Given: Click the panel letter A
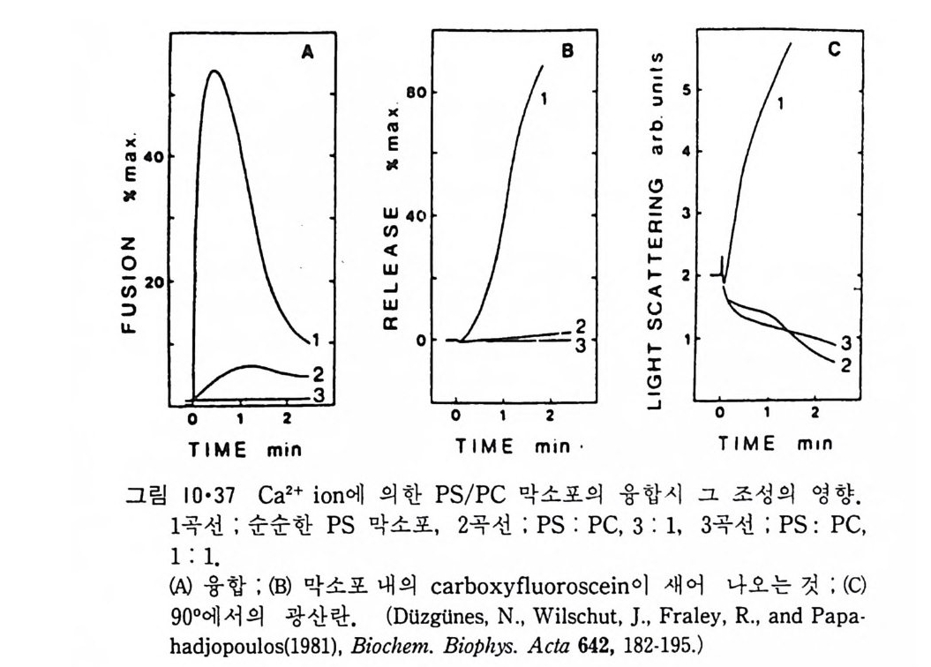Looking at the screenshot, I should pyautogui.click(x=308, y=53).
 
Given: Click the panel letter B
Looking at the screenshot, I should pyautogui.click(x=567, y=51).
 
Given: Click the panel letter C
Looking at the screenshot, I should pyautogui.click(x=834, y=50).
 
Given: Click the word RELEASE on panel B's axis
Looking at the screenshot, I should pyautogui.click(x=392, y=268).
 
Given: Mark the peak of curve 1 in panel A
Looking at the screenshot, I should pyautogui.click(x=214, y=71).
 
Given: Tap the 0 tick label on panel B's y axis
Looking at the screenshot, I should pyautogui.click(x=434, y=340).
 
